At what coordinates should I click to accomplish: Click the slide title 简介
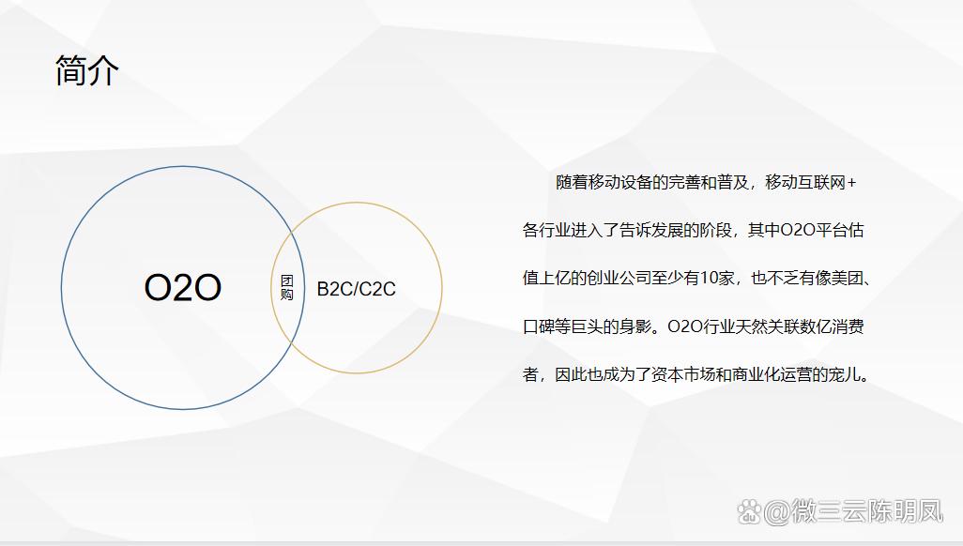click(x=87, y=70)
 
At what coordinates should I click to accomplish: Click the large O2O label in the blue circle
click(x=183, y=288)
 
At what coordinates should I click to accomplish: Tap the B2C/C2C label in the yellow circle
click(x=356, y=289)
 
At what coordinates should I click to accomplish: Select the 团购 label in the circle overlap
click(x=287, y=288)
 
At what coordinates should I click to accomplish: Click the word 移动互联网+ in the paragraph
click(x=811, y=183)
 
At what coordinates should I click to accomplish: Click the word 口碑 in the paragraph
click(x=539, y=327)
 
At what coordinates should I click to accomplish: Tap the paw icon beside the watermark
click(x=749, y=512)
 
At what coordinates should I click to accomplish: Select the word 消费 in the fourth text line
click(x=848, y=327)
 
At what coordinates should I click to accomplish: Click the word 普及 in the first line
click(x=734, y=183)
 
